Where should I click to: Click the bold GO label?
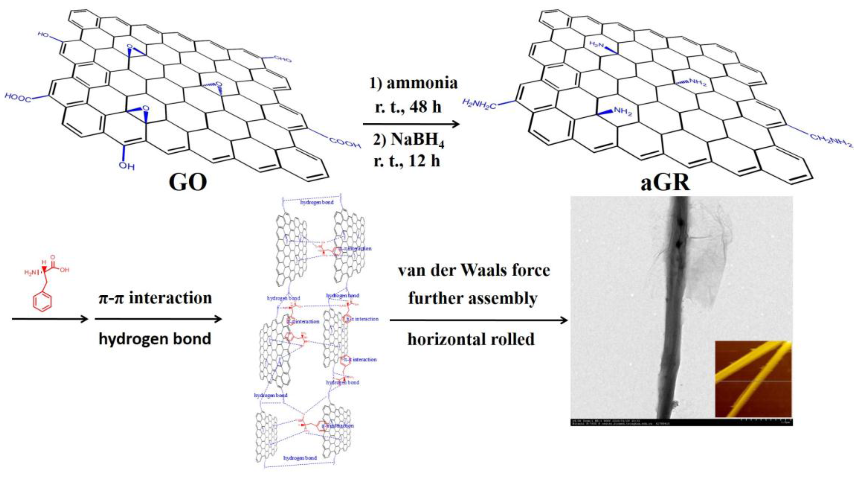click(x=188, y=182)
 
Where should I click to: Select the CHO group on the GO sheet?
click(x=282, y=59)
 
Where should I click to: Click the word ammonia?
click(x=422, y=83)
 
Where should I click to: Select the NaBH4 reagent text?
click(x=417, y=141)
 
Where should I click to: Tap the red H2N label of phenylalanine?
click(x=30, y=273)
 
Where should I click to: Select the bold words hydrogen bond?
click(x=155, y=339)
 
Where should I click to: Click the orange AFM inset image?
click(x=753, y=379)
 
